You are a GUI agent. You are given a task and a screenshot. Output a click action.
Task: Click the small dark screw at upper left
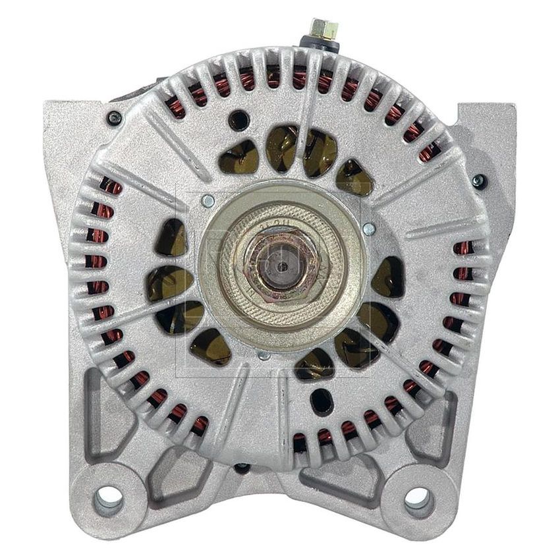click(114, 118)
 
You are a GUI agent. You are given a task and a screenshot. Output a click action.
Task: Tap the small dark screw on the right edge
click(479, 182)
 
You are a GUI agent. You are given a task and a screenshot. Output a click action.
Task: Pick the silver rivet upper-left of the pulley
click(208, 201)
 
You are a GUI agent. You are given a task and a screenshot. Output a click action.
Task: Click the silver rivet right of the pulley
click(369, 229)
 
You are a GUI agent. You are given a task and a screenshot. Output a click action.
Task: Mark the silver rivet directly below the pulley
click(264, 355)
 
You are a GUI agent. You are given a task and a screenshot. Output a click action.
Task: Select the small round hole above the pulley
click(238, 120)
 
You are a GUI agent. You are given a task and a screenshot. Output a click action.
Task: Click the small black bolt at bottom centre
click(242, 468)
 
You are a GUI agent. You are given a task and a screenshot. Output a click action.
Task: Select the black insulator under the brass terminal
click(321, 45)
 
